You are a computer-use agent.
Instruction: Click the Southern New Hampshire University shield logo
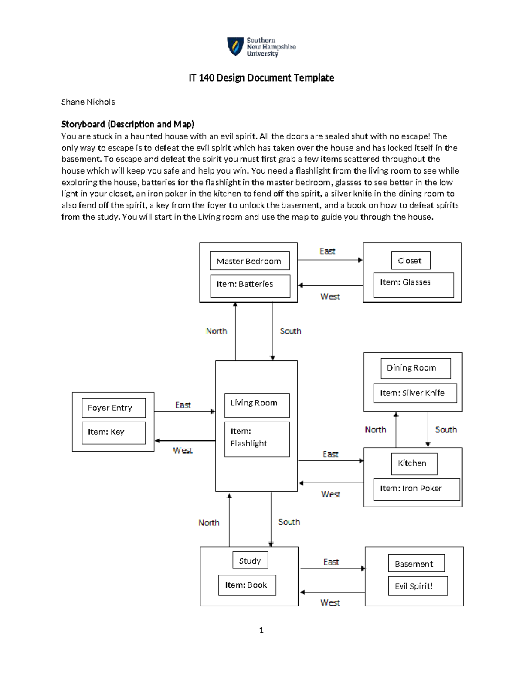(235, 46)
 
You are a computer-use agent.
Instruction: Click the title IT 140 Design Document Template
(261, 78)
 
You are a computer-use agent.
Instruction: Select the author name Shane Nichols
(88, 102)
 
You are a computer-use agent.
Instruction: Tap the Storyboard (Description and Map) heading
(128, 124)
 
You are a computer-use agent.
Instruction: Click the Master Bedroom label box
(249, 261)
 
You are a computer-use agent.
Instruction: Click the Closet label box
(411, 260)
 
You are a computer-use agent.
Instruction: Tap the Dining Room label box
(415, 368)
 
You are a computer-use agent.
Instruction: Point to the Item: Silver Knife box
(415, 393)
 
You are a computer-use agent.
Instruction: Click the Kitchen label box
(414, 463)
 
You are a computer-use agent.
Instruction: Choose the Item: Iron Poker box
(416, 489)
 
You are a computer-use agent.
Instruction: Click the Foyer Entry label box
(113, 408)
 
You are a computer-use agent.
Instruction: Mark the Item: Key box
(113, 432)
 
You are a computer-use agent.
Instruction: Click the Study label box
(250, 561)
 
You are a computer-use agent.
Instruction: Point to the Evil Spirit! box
(418, 586)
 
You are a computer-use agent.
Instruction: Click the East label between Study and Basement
(331, 562)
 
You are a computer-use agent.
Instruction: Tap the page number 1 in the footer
(261, 630)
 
